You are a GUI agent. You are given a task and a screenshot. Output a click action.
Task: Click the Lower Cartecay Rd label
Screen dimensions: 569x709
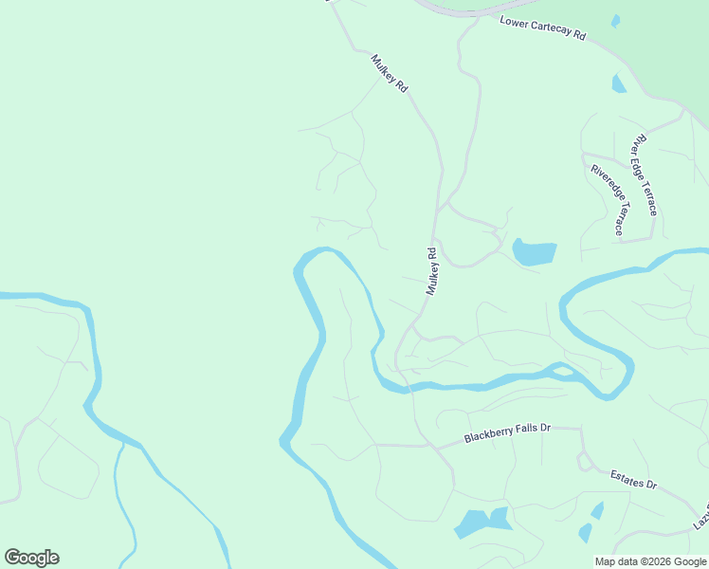pyautogui.click(x=543, y=28)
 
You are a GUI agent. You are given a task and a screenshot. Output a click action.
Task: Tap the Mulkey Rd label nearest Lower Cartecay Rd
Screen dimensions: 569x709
pyautogui.click(x=390, y=73)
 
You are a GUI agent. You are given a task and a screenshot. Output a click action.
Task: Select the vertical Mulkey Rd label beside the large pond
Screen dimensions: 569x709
pyautogui.click(x=432, y=271)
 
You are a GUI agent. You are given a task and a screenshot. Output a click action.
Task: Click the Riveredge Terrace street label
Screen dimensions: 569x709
pyautogui.click(x=608, y=200)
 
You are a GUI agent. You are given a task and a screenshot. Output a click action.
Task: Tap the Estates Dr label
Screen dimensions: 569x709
pyautogui.click(x=633, y=479)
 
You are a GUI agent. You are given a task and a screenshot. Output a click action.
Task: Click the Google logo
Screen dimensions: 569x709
pyautogui.click(x=31, y=558)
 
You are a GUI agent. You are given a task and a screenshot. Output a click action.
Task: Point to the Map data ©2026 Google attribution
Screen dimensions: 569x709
pyautogui.click(x=649, y=561)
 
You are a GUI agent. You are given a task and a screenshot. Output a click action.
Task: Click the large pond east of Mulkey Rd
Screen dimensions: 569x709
pyautogui.click(x=535, y=252)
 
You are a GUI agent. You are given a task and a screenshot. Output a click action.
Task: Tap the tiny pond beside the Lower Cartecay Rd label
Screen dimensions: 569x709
pyautogui.click(x=616, y=21)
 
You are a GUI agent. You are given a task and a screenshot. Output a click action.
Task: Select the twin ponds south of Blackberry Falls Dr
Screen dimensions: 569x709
pyautogui.click(x=482, y=522)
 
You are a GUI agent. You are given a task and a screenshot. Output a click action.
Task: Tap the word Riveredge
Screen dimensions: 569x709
pyautogui.click(x=601, y=187)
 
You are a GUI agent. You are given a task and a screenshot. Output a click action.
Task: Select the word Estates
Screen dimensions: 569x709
pyautogui.click(x=626, y=476)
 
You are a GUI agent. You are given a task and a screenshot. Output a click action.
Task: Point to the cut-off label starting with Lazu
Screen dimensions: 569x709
pyautogui.click(x=700, y=518)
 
